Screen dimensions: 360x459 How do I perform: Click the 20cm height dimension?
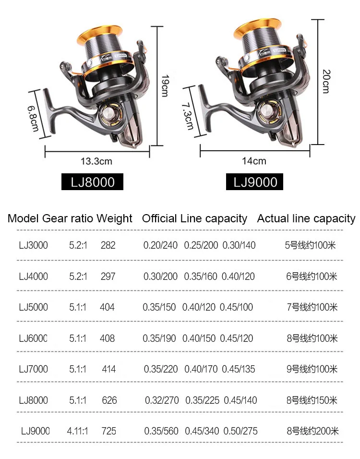pyautogui.click(x=325, y=81)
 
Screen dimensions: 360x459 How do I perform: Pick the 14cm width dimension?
pyautogui.click(x=254, y=161)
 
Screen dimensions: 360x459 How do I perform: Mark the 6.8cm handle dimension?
pyautogui.click(x=33, y=115)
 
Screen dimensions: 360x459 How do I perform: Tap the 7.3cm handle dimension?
pyautogui.click(x=188, y=115)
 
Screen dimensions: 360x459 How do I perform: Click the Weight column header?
pyautogui.click(x=114, y=219)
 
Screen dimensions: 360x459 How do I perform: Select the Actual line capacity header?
pyautogui.click(x=306, y=219)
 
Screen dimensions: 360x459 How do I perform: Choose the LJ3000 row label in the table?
pyautogui.click(x=34, y=245)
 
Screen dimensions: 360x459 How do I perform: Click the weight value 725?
pyautogui.click(x=108, y=431)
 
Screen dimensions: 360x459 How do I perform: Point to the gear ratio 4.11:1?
pyautogui.click(x=78, y=431)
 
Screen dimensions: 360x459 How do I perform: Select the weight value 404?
pyautogui.click(x=107, y=307)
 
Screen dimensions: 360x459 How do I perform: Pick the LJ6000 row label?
pyautogui.click(x=34, y=338)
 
